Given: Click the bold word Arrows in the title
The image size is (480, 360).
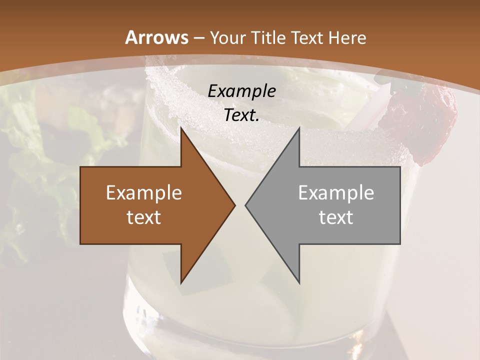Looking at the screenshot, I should point(156,37).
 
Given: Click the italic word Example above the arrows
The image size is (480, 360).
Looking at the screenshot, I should point(241,91).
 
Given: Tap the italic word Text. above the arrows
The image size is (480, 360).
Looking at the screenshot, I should point(241,115).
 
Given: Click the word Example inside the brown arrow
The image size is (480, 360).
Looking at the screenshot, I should point(144,192).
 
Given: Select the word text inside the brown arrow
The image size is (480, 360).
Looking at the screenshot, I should point(144,217).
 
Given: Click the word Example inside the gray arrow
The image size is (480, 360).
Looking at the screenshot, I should point(336,192).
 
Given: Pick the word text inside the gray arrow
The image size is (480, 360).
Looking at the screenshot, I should point(336,217).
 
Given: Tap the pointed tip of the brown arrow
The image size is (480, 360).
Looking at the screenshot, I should point(234,205).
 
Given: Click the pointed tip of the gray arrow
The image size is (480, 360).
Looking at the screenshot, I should point(246,205).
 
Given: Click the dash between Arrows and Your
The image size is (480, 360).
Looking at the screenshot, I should point(198,38).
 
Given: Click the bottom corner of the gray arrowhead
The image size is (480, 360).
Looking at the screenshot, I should point(299,283).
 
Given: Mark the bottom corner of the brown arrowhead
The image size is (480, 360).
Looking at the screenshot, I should point(181,283).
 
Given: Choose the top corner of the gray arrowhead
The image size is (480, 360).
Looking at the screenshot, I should point(299,128).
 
